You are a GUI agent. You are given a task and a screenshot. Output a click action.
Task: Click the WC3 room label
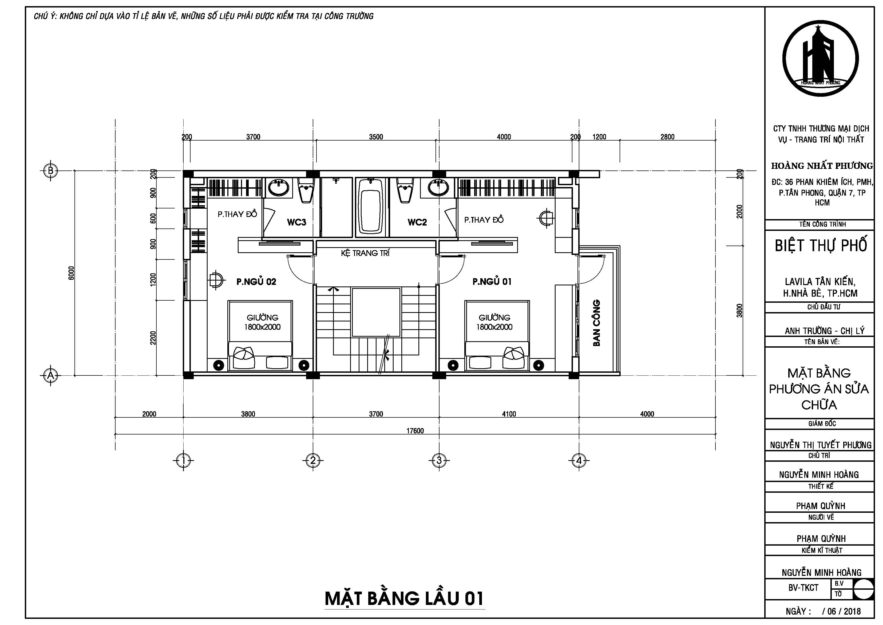(296, 222)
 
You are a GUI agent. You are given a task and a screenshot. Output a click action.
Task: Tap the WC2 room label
(417, 222)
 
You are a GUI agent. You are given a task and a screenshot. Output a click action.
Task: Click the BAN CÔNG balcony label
(596, 323)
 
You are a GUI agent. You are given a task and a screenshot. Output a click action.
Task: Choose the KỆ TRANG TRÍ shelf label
(365, 253)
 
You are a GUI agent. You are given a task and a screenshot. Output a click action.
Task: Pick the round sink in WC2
(438, 188)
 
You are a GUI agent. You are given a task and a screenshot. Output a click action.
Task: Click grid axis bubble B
(50, 170)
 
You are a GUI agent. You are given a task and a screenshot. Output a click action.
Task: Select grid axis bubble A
(50, 375)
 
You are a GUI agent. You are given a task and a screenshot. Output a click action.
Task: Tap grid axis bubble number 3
(439, 460)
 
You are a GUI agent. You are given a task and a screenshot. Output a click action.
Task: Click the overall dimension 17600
(415, 430)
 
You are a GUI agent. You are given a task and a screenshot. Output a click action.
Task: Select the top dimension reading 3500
(376, 137)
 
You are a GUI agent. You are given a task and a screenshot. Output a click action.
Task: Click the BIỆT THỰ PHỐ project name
(821, 245)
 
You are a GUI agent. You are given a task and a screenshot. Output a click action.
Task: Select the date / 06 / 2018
(841, 611)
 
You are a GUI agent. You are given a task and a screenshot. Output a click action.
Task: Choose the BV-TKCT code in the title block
(803, 588)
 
